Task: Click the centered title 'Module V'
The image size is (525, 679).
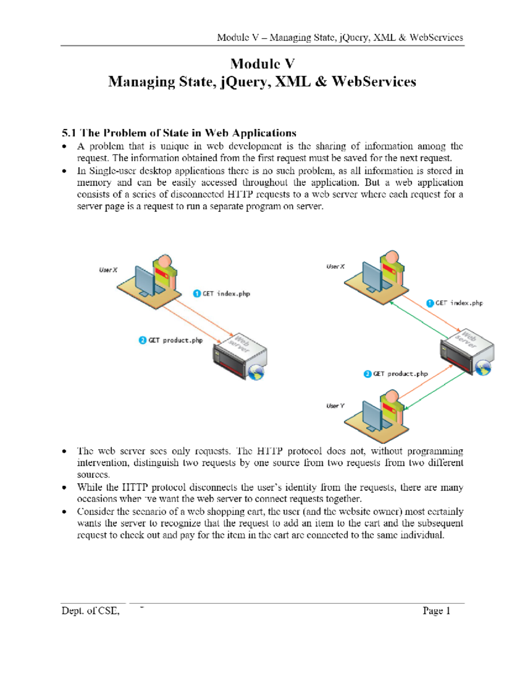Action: tap(262, 64)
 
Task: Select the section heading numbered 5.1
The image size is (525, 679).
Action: tap(179, 133)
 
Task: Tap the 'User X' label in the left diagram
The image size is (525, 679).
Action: tap(108, 270)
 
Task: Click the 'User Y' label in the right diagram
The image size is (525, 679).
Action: tap(335, 406)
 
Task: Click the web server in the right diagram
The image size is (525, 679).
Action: tap(467, 352)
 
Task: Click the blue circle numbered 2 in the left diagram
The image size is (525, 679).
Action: tap(143, 340)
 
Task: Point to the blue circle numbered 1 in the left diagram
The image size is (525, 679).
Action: tap(197, 293)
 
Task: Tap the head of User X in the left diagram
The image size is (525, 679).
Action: tap(164, 261)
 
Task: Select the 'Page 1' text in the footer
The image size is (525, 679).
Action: tap(436, 611)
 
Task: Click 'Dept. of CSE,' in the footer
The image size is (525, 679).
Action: tap(91, 611)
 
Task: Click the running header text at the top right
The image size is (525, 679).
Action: tap(340, 38)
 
